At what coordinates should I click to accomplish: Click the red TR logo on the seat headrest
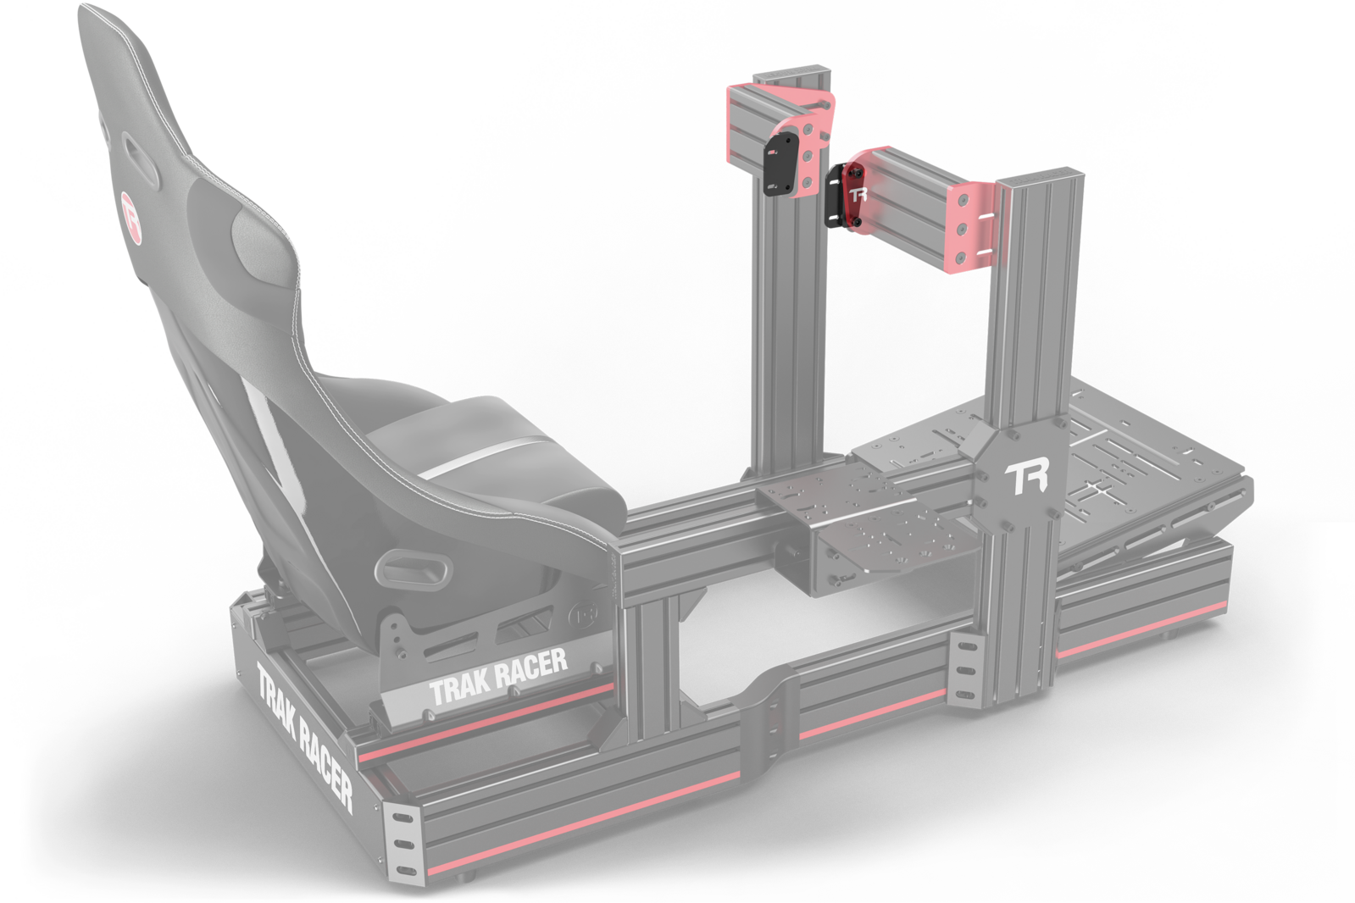131,219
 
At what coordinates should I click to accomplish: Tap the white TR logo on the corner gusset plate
1026,479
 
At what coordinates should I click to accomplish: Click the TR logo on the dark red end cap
858,194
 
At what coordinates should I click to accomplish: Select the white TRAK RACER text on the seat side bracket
497,676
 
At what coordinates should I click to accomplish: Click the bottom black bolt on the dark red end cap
858,223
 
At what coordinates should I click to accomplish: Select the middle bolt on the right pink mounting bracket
961,228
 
